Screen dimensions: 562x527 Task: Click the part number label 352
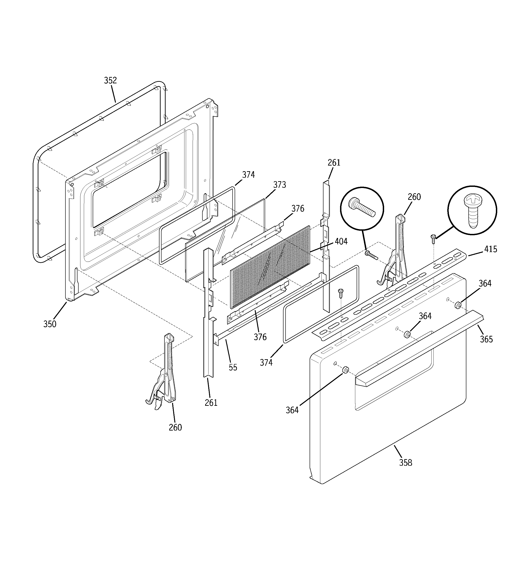point(110,81)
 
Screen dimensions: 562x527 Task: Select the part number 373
point(279,185)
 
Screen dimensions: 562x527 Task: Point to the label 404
point(341,241)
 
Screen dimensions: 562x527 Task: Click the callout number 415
point(490,249)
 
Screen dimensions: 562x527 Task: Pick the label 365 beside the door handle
point(486,339)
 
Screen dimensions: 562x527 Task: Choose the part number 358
point(406,463)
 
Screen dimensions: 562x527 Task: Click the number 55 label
point(233,367)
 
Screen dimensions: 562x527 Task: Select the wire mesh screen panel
point(270,267)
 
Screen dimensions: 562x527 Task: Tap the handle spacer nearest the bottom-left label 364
point(346,370)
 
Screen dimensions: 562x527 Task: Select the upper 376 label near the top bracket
point(298,209)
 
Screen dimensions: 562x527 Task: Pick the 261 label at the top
point(334,163)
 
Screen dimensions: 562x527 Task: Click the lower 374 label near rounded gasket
point(266,362)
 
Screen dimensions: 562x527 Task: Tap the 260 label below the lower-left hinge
point(175,427)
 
